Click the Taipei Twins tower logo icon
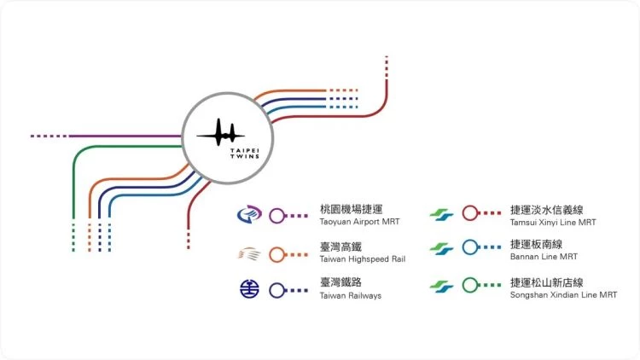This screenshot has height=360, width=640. click(x=221, y=132)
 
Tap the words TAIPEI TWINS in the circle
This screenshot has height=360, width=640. click(x=245, y=154)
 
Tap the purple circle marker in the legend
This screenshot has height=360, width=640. click(x=276, y=216)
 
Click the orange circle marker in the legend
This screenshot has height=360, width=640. click(x=276, y=255)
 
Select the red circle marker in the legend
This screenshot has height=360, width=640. click(x=470, y=212)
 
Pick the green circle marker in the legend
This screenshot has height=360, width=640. click(x=470, y=285)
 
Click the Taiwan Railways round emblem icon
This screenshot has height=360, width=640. click(x=249, y=289)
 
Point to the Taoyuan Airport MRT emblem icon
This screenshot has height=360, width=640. click(x=249, y=214)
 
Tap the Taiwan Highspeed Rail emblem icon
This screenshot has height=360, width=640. click(x=249, y=254)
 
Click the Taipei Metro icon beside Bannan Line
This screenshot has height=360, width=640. click(x=441, y=248)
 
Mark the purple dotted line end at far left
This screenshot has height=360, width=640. click(x=32, y=136)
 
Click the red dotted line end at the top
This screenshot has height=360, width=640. click(x=387, y=57)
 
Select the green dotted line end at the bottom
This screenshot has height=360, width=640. click(x=73, y=250)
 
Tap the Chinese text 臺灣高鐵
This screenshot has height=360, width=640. click(x=340, y=247)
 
